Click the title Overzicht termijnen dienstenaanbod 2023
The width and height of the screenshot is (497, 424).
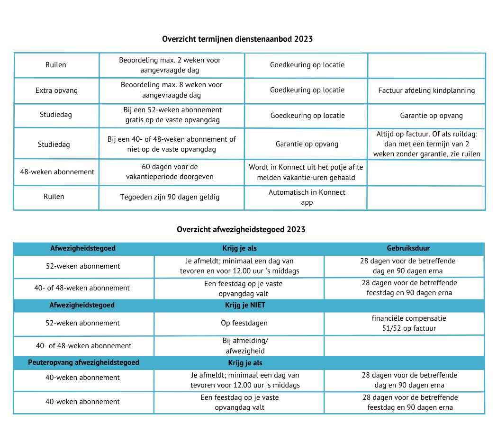click(x=237, y=39)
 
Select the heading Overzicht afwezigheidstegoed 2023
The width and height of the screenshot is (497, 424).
click(x=241, y=229)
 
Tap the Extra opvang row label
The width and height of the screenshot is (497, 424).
click(x=56, y=90)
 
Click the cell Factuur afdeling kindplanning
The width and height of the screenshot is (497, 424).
click(x=426, y=90)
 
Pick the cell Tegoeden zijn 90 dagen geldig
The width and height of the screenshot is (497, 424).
click(x=170, y=197)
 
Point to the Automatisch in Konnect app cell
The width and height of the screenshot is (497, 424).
click(x=307, y=197)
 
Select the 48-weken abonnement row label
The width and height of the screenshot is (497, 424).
click(x=57, y=172)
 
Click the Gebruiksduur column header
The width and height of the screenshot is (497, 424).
click(x=408, y=248)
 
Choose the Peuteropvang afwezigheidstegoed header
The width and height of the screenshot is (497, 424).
click(x=83, y=362)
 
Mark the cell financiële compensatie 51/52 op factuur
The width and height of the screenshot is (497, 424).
click(x=408, y=323)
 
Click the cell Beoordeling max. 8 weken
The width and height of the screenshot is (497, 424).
click(x=172, y=90)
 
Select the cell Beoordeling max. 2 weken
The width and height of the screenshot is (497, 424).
click(x=170, y=65)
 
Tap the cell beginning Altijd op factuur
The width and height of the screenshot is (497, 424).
click(x=426, y=144)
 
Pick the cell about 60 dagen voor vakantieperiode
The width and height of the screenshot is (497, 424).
click(x=170, y=171)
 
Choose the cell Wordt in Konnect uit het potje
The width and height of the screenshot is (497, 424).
click(x=306, y=172)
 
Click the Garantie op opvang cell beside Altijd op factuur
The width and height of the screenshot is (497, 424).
click(x=307, y=144)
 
